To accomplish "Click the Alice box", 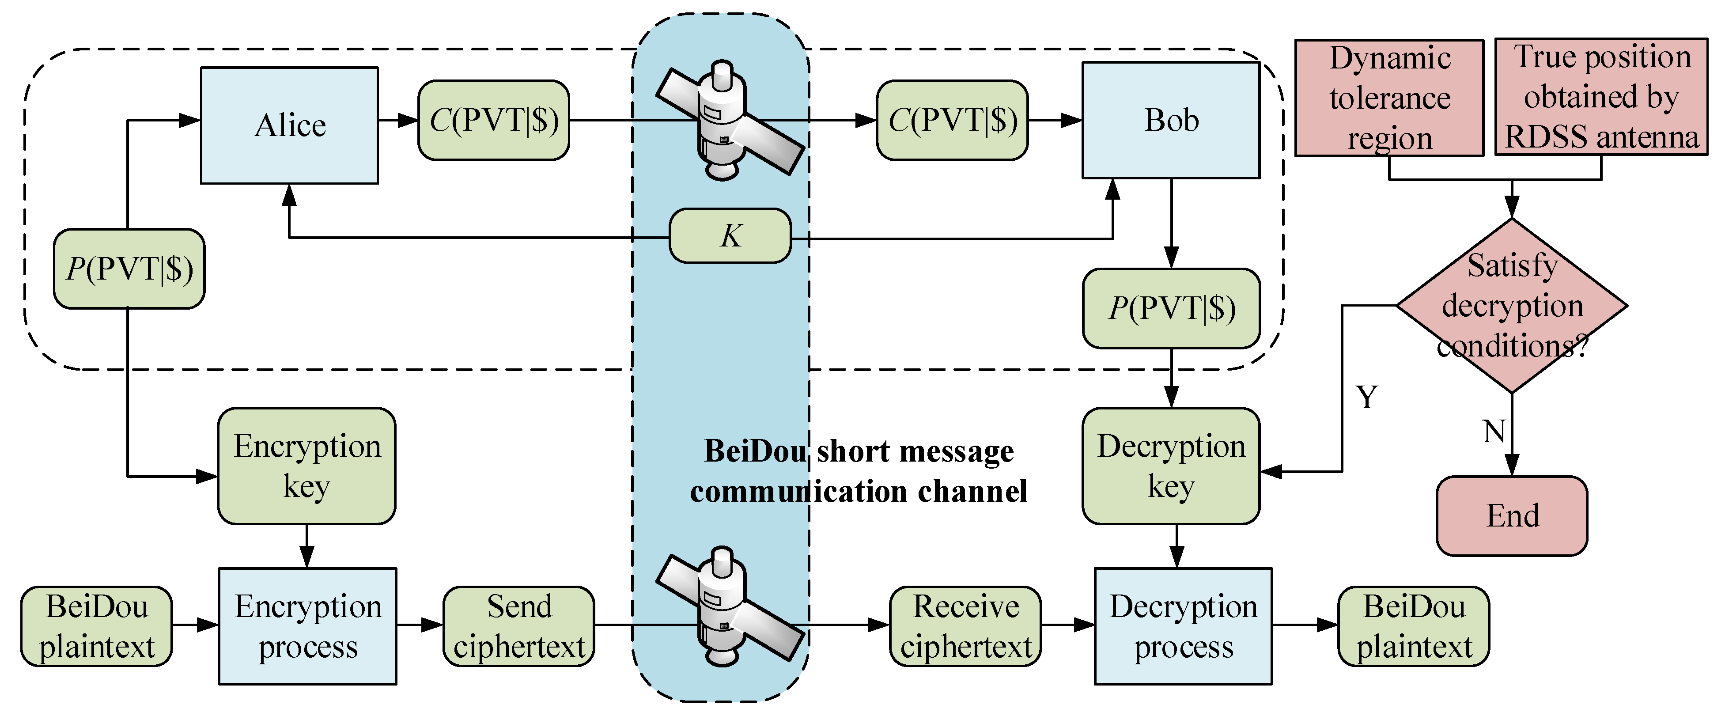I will tap(289, 125).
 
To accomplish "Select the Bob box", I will tap(1170, 121).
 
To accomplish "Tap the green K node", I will tap(730, 236).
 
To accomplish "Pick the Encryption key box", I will tap(306, 466).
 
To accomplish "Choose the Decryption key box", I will tap(1170, 466).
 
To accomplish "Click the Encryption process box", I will tap(307, 626).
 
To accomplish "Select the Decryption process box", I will tap(1183, 626).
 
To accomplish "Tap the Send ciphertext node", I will tap(519, 626).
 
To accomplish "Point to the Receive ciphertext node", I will tap(966, 626).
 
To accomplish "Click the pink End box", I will tap(1512, 516).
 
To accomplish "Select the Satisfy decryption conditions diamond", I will tap(1512, 305).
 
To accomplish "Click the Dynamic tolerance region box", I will tap(1389, 98).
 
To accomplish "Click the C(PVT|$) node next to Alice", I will tap(494, 121).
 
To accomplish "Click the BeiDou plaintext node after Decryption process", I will tap(1414, 626).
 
